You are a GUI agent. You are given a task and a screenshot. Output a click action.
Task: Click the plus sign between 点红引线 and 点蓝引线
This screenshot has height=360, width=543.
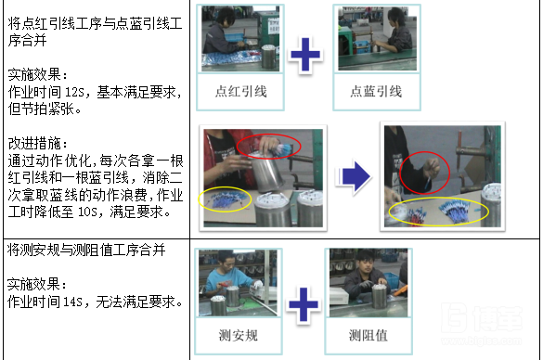click(x=306, y=55)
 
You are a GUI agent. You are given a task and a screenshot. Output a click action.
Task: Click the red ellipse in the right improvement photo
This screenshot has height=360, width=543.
click(x=425, y=173)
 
